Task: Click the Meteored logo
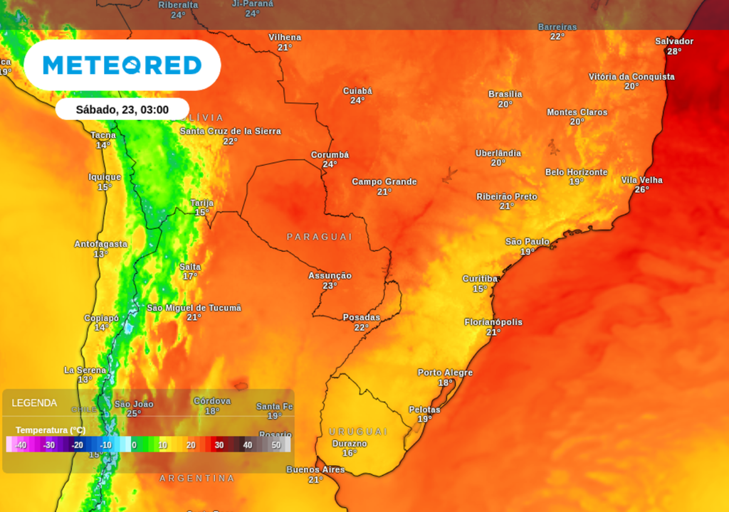click(122, 65)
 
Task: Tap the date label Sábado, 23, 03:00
click(122, 110)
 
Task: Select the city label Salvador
click(673, 41)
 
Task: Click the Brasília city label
click(505, 94)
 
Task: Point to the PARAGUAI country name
click(320, 236)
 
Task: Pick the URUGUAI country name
click(358, 432)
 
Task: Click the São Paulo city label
click(527, 242)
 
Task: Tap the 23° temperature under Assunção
click(330, 286)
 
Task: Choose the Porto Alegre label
click(445, 373)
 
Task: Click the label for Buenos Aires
click(315, 470)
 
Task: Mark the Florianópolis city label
click(493, 322)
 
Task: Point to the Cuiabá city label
click(357, 91)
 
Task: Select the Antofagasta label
click(100, 244)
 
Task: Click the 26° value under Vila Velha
click(641, 190)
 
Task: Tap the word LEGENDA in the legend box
click(34, 403)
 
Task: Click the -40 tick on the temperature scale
click(21, 445)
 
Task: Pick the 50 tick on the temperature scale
click(276, 445)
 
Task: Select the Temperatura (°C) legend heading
click(51, 430)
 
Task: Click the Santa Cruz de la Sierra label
click(230, 132)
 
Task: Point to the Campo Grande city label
click(384, 182)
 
